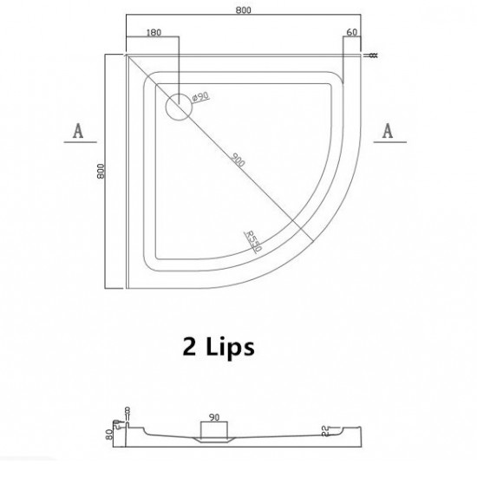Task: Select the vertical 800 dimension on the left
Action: (103, 173)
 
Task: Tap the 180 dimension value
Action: (154, 33)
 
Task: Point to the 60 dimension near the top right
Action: (351, 33)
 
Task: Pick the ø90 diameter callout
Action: (197, 98)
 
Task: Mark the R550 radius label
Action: (254, 238)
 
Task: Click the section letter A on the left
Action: (78, 131)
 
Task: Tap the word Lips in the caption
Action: (229, 349)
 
